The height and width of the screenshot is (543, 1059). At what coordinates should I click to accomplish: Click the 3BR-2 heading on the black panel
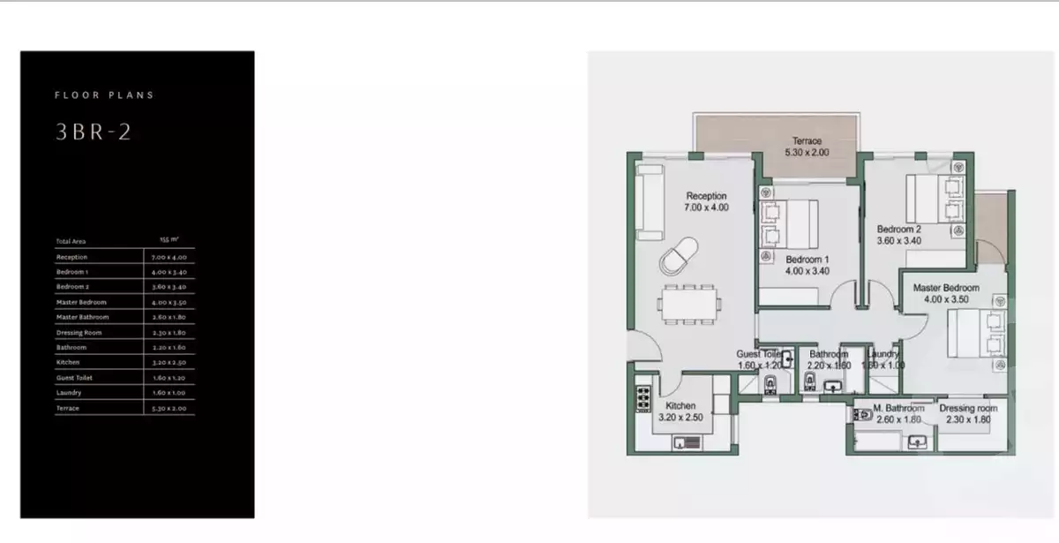[94, 132]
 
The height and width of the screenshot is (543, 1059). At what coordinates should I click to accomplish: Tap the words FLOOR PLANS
[104, 95]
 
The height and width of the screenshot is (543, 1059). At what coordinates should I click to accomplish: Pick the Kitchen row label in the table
[69, 363]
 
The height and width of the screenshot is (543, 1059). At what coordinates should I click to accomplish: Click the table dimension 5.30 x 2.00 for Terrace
[169, 409]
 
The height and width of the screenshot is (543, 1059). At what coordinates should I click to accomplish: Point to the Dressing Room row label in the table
[79, 333]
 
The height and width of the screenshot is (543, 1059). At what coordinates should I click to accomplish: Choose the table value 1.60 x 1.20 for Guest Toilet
[169, 378]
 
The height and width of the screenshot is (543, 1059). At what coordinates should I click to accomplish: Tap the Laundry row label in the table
[70, 393]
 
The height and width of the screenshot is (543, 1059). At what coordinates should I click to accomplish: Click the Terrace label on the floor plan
[807, 141]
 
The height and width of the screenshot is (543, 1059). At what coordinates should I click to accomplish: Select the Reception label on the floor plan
[706, 196]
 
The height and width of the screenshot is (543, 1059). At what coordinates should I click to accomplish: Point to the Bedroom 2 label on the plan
[898, 229]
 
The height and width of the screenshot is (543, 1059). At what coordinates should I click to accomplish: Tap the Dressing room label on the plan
[968, 408]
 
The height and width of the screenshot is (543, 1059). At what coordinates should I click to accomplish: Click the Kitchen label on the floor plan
[680, 406]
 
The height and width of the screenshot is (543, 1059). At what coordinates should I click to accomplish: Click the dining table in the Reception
[689, 303]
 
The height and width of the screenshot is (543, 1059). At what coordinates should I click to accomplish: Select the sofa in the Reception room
[650, 202]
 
